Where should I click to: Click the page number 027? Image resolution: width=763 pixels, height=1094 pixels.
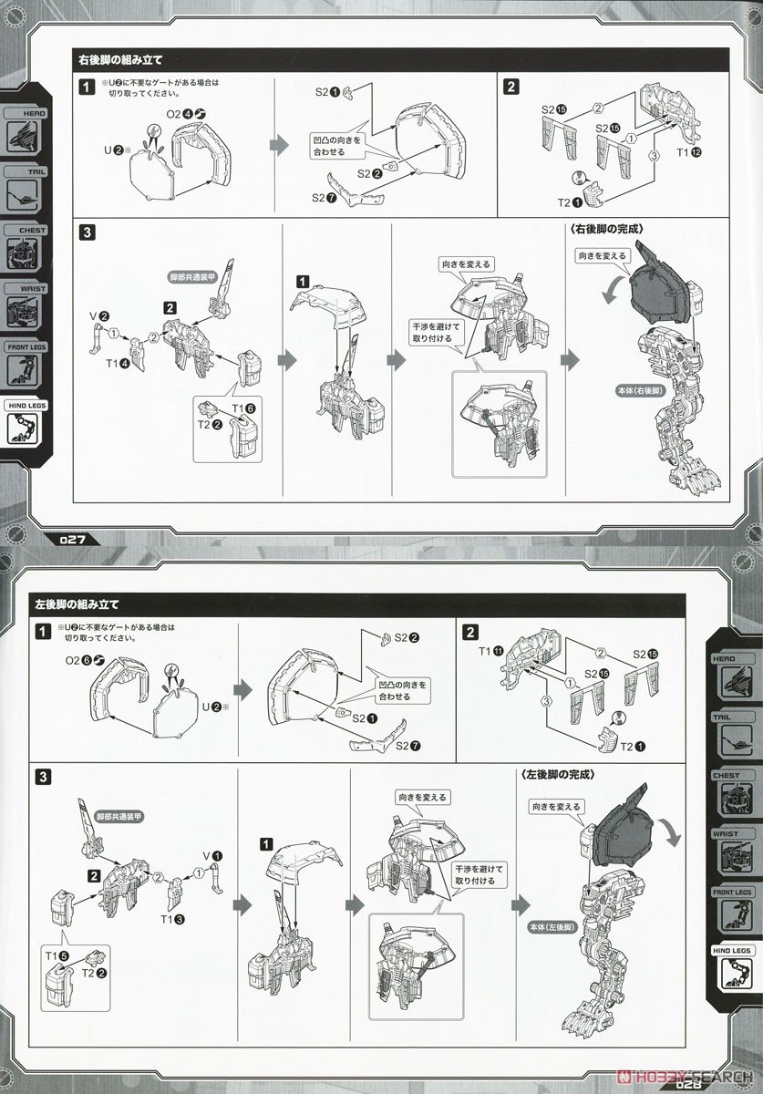coord(72,538)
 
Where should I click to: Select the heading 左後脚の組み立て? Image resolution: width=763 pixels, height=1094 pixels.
coord(77,604)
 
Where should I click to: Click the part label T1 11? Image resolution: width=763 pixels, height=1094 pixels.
coord(491,650)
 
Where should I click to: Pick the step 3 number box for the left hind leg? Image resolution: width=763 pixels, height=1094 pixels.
coord(43,777)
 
